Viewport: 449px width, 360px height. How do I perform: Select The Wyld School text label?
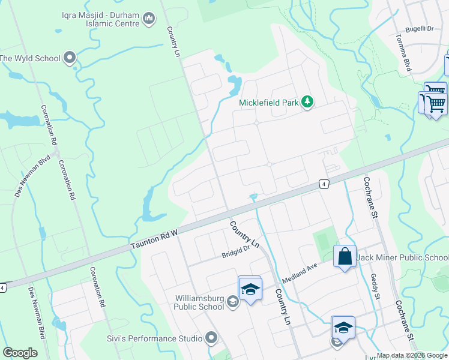(30, 58)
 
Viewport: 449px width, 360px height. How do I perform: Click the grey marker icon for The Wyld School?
(70, 58)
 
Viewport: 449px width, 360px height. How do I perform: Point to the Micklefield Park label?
(269, 103)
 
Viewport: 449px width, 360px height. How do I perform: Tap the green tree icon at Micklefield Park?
(307, 102)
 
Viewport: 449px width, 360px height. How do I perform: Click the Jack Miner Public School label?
(402, 258)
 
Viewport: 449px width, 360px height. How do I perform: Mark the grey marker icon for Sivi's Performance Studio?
(211, 338)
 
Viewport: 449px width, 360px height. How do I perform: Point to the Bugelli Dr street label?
(419, 28)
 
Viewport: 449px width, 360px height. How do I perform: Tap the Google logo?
(20, 353)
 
